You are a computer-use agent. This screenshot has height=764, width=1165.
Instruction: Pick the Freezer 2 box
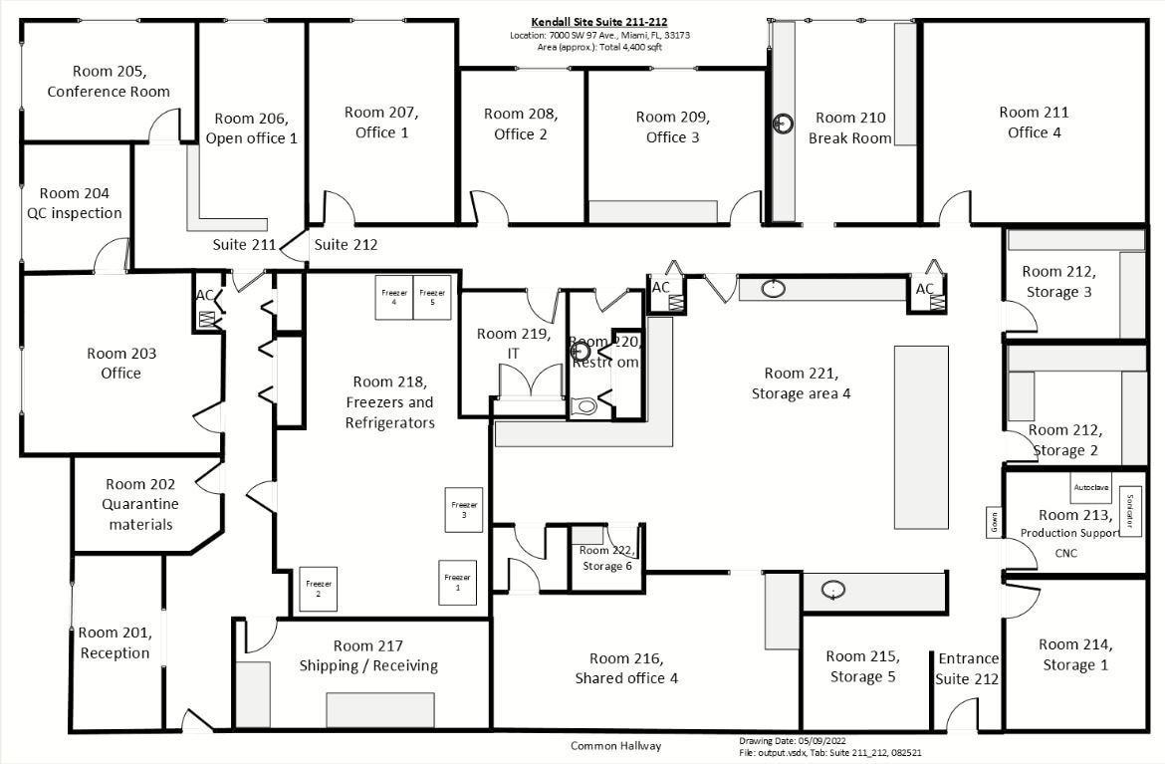pyautogui.click(x=318, y=588)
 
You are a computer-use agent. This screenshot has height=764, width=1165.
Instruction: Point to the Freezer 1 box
pyautogui.click(x=457, y=583)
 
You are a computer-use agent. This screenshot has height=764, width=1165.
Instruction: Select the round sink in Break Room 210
pyautogui.click(x=785, y=124)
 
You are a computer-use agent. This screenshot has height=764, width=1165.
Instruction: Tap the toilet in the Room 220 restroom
pyautogui.click(x=586, y=404)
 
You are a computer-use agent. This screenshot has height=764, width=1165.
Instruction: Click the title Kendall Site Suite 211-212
pyautogui.click(x=598, y=21)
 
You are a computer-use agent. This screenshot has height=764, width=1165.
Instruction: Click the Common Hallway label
pyautogui.click(x=615, y=746)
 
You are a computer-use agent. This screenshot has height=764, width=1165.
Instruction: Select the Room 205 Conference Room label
pyautogui.click(x=109, y=81)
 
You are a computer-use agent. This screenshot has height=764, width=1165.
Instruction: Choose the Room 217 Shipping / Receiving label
pyautogui.click(x=368, y=655)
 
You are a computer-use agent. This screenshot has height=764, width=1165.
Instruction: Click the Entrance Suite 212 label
pyautogui.click(x=967, y=668)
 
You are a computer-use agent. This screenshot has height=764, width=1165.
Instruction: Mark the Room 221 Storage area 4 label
pyautogui.click(x=801, y=383)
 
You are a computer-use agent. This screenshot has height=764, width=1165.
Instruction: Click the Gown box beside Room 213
pyautogui.click(x=994, y=523)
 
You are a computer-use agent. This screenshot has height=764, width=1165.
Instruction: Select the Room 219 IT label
pyautogui.click(x=513, y=343)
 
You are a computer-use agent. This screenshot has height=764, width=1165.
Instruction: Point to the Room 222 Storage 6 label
pyautogui.click(x=605, y=558)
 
